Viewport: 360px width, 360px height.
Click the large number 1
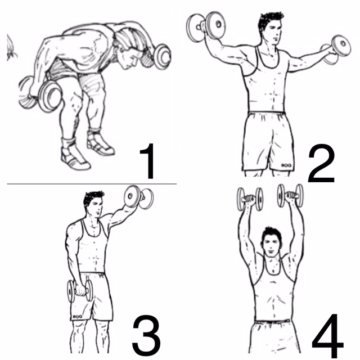pos(148,161)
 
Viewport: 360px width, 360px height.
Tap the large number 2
pos(321,163)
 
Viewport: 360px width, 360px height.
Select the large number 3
pos(146,335)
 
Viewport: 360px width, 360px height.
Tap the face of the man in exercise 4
pos(271,246)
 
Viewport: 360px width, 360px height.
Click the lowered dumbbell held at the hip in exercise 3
pos(80,291)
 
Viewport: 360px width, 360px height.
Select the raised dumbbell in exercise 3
pos(139,197)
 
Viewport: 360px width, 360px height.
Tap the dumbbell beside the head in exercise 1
pos(162,56)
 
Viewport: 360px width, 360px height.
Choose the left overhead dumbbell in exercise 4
pos(250,199)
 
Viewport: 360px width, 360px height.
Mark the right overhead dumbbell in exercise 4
pos(290,196)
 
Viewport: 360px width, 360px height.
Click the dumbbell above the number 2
pos(336,50)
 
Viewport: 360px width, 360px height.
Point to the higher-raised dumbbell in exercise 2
pos(206,26)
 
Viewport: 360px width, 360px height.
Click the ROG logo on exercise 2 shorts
pos(286,165)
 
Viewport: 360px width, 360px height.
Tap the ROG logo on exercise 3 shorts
pos(77,317)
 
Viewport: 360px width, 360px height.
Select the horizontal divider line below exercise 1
pos(92,184)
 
